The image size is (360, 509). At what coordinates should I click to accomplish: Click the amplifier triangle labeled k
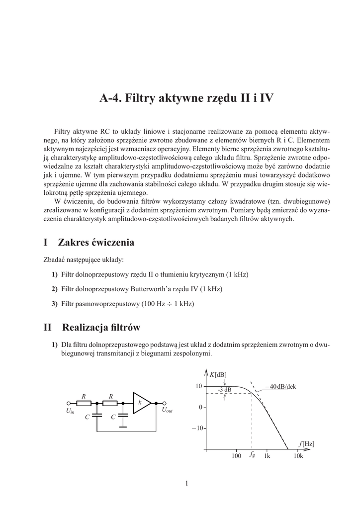141,402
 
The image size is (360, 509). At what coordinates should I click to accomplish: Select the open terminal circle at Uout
165,403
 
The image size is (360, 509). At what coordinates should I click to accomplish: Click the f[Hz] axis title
306,443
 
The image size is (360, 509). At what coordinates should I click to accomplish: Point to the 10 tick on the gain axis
197,386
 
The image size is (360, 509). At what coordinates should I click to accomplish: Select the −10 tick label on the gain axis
196,428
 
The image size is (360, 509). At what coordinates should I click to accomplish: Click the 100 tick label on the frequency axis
236,456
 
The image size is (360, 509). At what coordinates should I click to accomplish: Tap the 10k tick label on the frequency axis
298,456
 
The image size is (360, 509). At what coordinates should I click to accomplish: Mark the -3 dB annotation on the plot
224,389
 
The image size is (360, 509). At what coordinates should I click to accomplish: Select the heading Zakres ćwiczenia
96,243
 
